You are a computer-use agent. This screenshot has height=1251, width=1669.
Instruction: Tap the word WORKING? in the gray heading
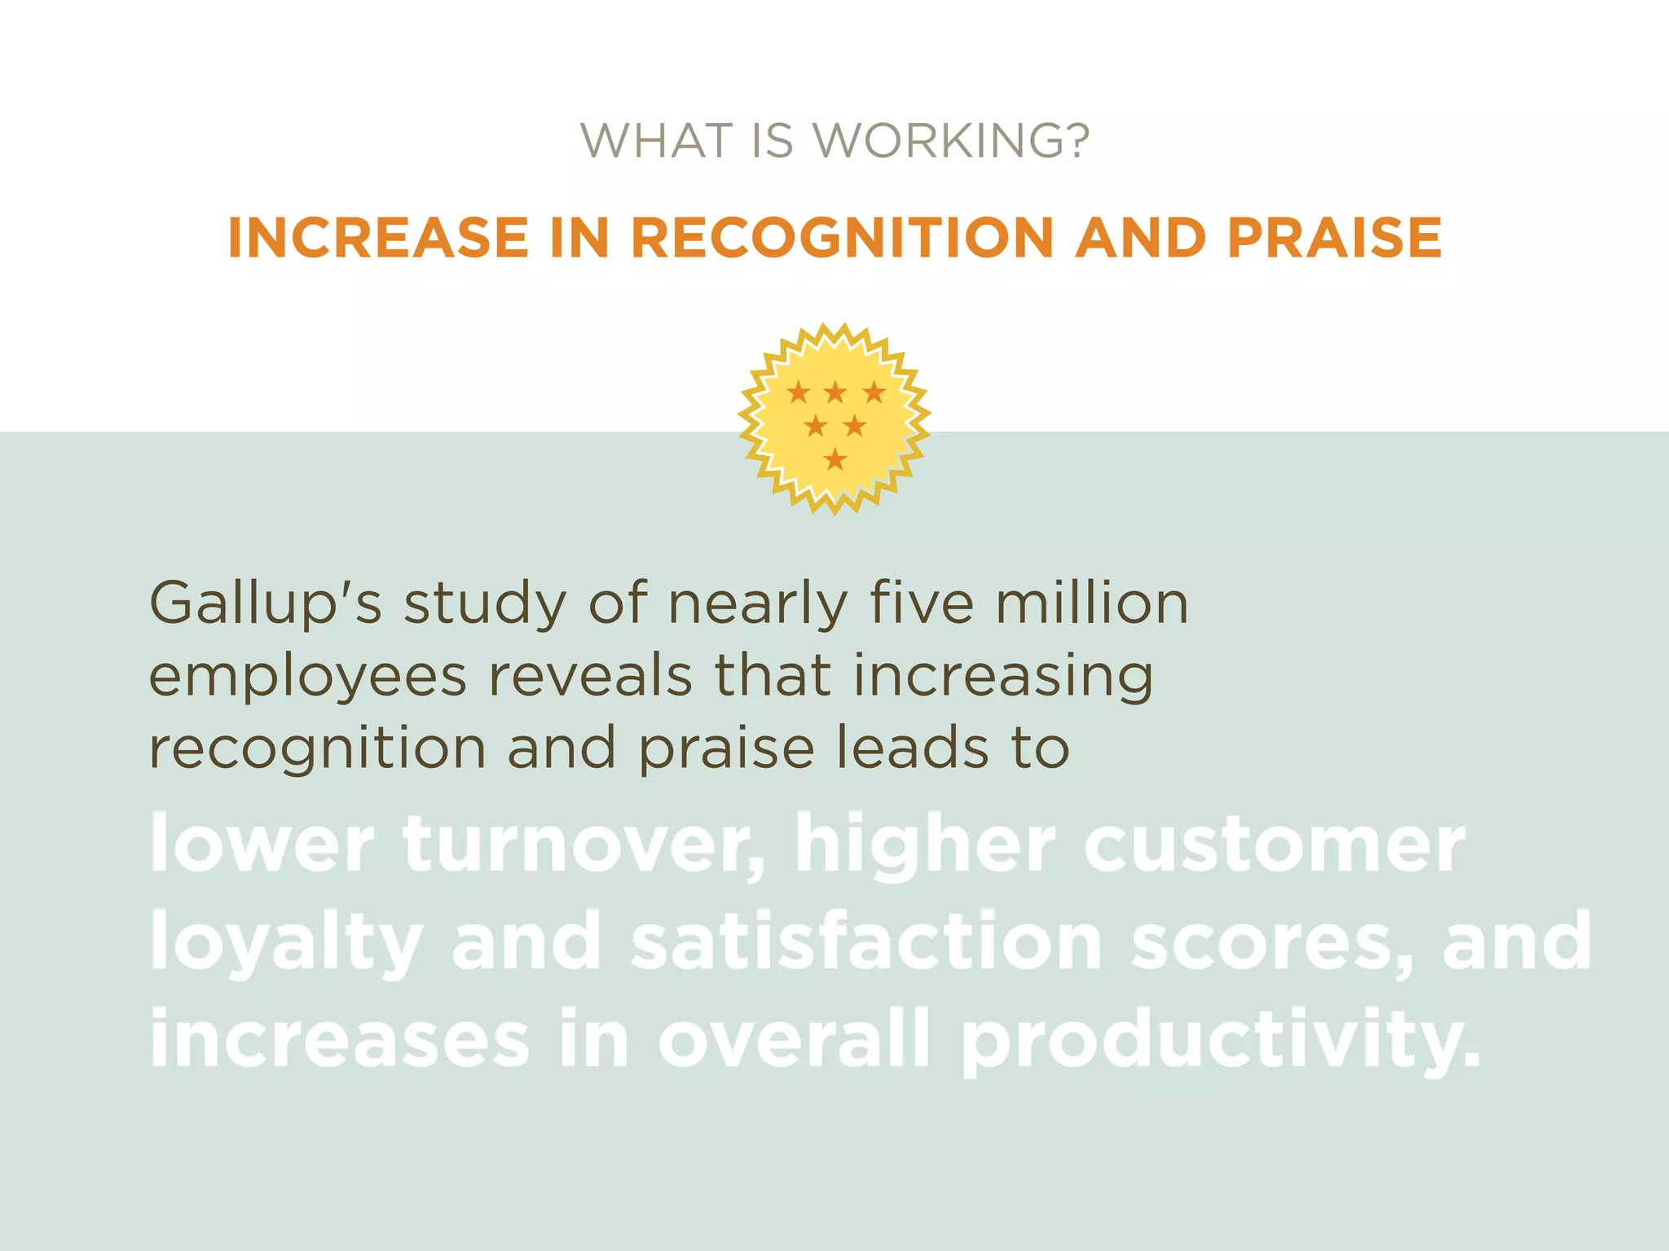click(x=952, y=141)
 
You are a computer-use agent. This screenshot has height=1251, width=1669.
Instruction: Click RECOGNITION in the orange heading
click(x=843, y=238)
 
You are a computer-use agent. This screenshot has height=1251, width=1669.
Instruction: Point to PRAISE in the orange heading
click(x=1334, y=238)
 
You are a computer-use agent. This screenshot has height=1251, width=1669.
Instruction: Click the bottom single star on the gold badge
click(x=835, y=459)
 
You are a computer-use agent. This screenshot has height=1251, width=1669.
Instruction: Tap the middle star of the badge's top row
click(x=835, y=393)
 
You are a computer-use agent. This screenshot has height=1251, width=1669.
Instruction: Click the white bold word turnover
click(x=583, y=845)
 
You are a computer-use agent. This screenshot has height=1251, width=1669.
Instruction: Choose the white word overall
click(x=795, y=1039)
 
